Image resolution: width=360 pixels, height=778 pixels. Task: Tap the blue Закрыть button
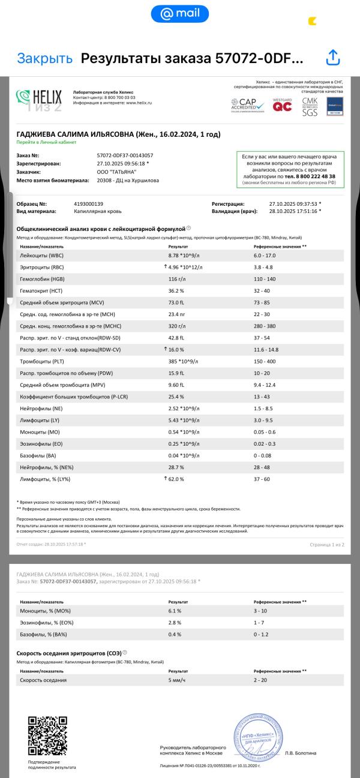pyautogui.click(x=44, y=58)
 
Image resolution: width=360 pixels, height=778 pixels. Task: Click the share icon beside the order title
pyautogui.click(x=333, y=58)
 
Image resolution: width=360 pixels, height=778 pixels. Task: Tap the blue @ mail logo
pyautogui.click(x=180, y=13)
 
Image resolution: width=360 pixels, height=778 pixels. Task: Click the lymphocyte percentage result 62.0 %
pyautogui.click(x=177, y=479)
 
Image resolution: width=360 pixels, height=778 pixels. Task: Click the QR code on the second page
pyautogui.click(x=47, y=735)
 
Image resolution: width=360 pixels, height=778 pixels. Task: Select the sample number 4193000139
pyautogui.click(x=88, y=204)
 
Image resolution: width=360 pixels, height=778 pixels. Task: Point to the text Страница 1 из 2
pyautogui.click(x=326, y=545)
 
